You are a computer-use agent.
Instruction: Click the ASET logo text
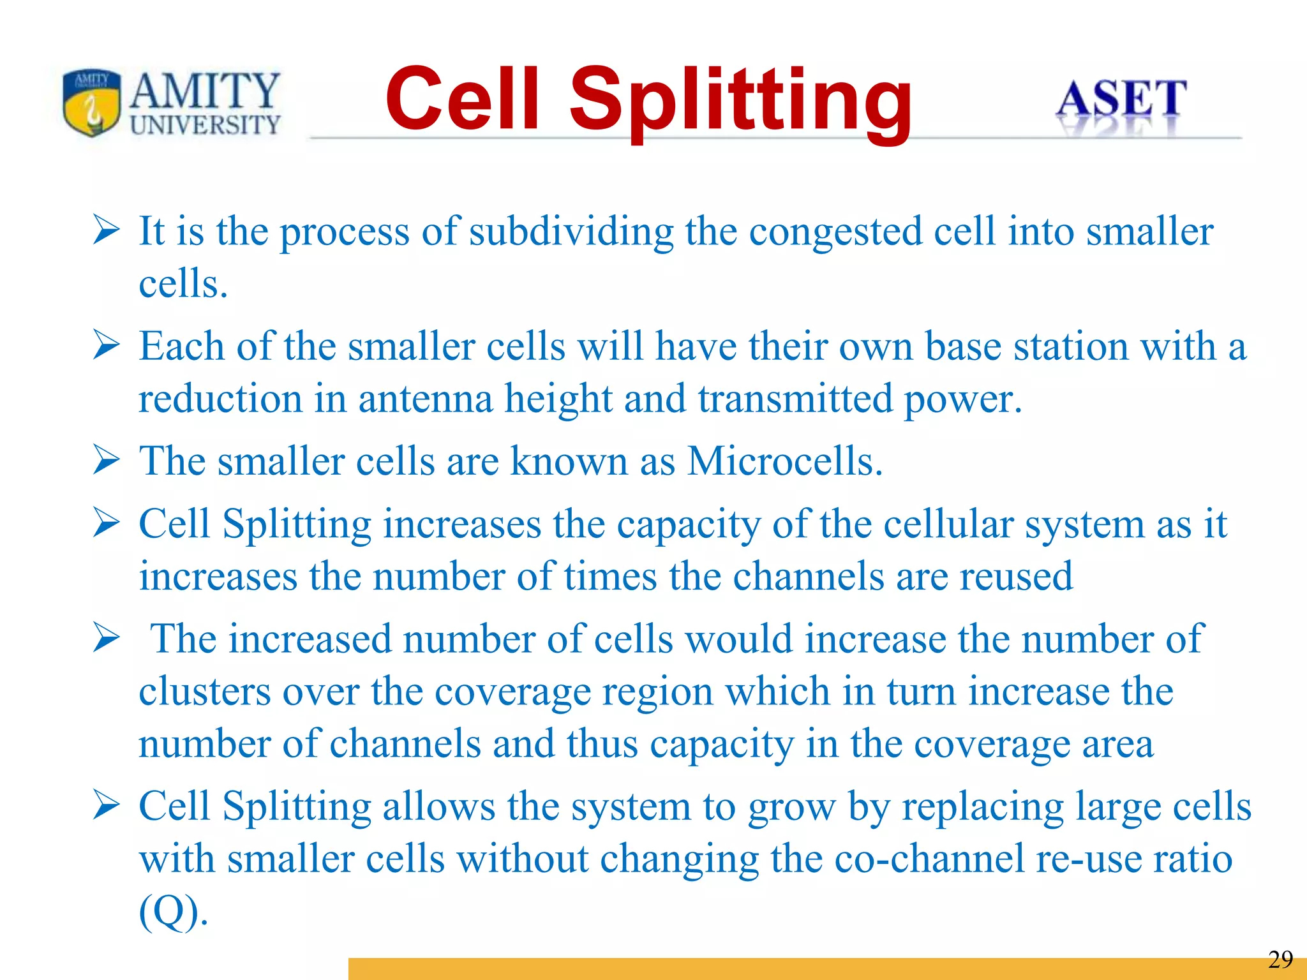(1121, 100)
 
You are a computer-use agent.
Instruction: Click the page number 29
(1280, 960)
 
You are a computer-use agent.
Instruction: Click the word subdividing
(571, 232)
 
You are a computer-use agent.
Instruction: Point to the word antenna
(425, 399)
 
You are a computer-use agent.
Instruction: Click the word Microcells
(785, 461)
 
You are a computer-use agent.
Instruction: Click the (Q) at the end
(173, 912)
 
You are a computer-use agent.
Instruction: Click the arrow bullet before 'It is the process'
(106, 230)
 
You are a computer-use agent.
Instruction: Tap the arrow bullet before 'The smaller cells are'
(106, 460)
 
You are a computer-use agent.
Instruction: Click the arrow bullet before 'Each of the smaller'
(106, 345)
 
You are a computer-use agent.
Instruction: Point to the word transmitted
(795, 399)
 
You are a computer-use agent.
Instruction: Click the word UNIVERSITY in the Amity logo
(205, 124)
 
